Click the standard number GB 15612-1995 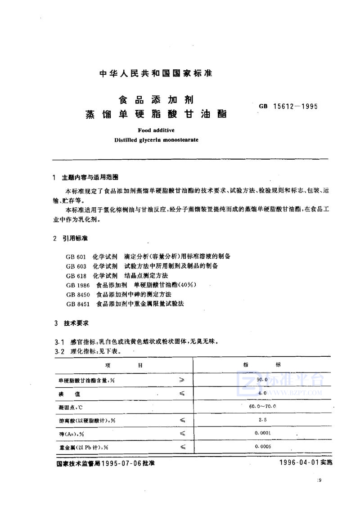288,107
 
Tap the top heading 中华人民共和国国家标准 156,73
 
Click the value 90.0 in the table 262,380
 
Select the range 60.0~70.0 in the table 262,406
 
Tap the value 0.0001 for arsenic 262,433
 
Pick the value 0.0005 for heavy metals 262,446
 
